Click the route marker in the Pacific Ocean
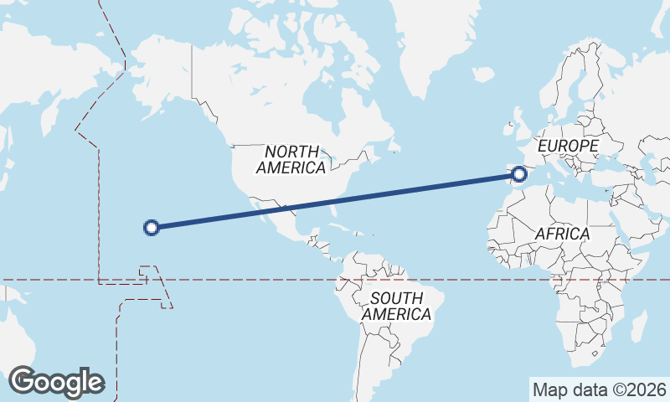click(152, 226)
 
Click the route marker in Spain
click(519, 174)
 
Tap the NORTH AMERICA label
click(291, 160)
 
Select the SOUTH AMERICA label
click(397, 307)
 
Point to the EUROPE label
click(569, 147)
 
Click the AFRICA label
click(562, 233)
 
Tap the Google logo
click(56, 382)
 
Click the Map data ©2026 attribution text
click(599, 389)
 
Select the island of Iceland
click(483, 75)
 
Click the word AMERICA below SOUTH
click(397, 315)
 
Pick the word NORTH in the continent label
click(291, 152)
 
